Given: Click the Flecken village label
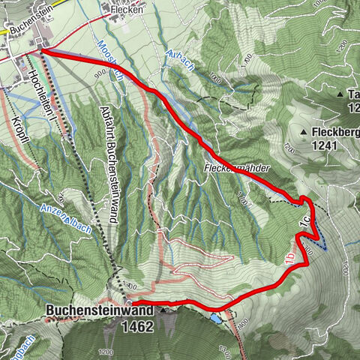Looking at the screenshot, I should pyautogui.click(x=126, y=10).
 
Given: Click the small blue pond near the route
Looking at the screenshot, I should pyautogui.click(x=216, y=318).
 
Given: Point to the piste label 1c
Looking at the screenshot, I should pyautogui.click(x=304, y=223).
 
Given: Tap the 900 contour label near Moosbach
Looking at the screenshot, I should pyautogui.click(x=100, y=72).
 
